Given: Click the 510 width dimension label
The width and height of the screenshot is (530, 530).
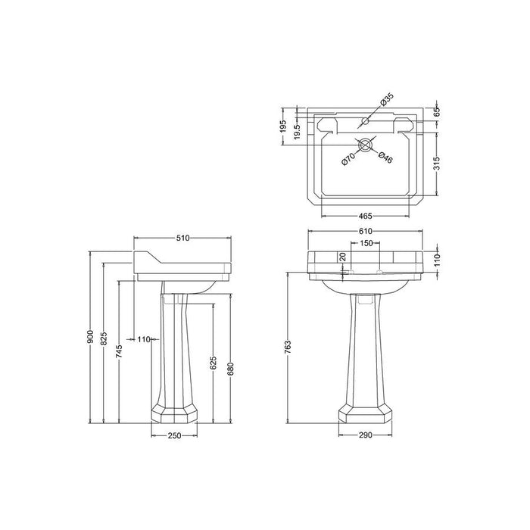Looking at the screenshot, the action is (x=182, y=238).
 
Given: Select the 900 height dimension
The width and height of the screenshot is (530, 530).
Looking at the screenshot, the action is (x=90, y=336).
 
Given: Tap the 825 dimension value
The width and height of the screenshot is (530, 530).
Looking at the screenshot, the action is (x=104, y=338).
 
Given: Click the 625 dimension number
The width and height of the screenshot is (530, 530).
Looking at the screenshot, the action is (x=214, y=363).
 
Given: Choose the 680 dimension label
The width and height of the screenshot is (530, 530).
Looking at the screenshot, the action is (x=230, y=369).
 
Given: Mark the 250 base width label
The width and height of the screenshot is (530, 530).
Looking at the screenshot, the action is (x=174, y=435).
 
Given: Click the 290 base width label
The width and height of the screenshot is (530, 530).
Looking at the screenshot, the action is (x=365, y=435).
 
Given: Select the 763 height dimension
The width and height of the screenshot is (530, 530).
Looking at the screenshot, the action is (x=288, y=347).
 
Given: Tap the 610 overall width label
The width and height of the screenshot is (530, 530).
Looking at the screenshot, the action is (x=366, y=231).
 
